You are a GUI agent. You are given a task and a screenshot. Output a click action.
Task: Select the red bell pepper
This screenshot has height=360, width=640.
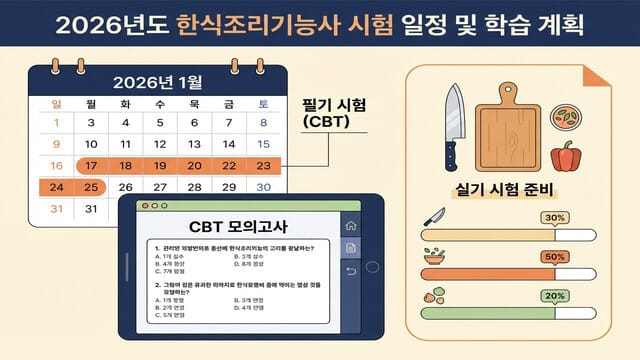(567, 158)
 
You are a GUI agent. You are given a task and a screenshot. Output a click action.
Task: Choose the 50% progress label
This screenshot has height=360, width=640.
(553, 257)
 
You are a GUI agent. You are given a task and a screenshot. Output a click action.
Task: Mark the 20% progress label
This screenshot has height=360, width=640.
(553, 296)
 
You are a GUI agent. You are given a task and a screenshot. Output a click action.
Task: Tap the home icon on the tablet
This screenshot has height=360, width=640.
(351, 225)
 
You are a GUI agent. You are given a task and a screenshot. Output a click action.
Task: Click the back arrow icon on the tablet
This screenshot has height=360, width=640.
(351, 271)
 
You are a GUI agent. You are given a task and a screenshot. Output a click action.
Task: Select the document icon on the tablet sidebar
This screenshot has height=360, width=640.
(351, 248)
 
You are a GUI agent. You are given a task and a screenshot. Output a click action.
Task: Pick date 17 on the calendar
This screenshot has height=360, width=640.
(91, 166)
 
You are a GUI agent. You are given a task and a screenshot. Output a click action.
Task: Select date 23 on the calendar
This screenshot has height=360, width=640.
(263, 166)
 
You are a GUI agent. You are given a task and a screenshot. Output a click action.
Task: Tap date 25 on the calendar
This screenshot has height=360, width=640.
(91, 187)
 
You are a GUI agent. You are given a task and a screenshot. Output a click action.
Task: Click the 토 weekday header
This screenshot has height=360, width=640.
(263, 104)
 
